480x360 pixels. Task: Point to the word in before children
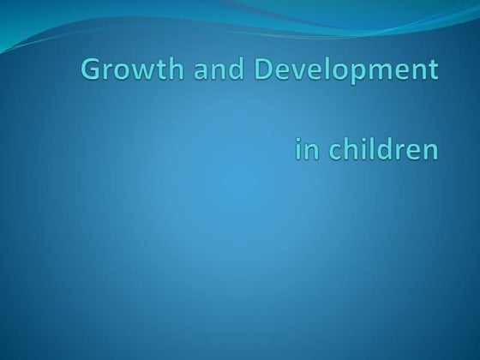(x=304, y=150)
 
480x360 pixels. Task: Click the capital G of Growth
(x=90, y=69)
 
